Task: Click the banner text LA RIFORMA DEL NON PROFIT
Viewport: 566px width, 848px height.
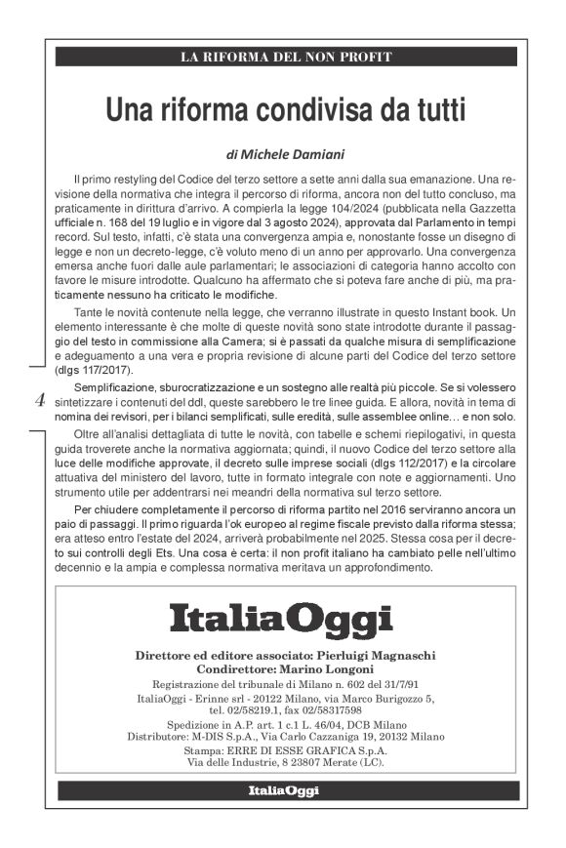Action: pyautogui.click(x=286, y=57)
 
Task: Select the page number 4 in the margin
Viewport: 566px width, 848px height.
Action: pyautogui.click(x=39, y=400)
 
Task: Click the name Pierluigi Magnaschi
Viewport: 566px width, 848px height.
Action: pyautogui.click(x=375, y=653)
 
